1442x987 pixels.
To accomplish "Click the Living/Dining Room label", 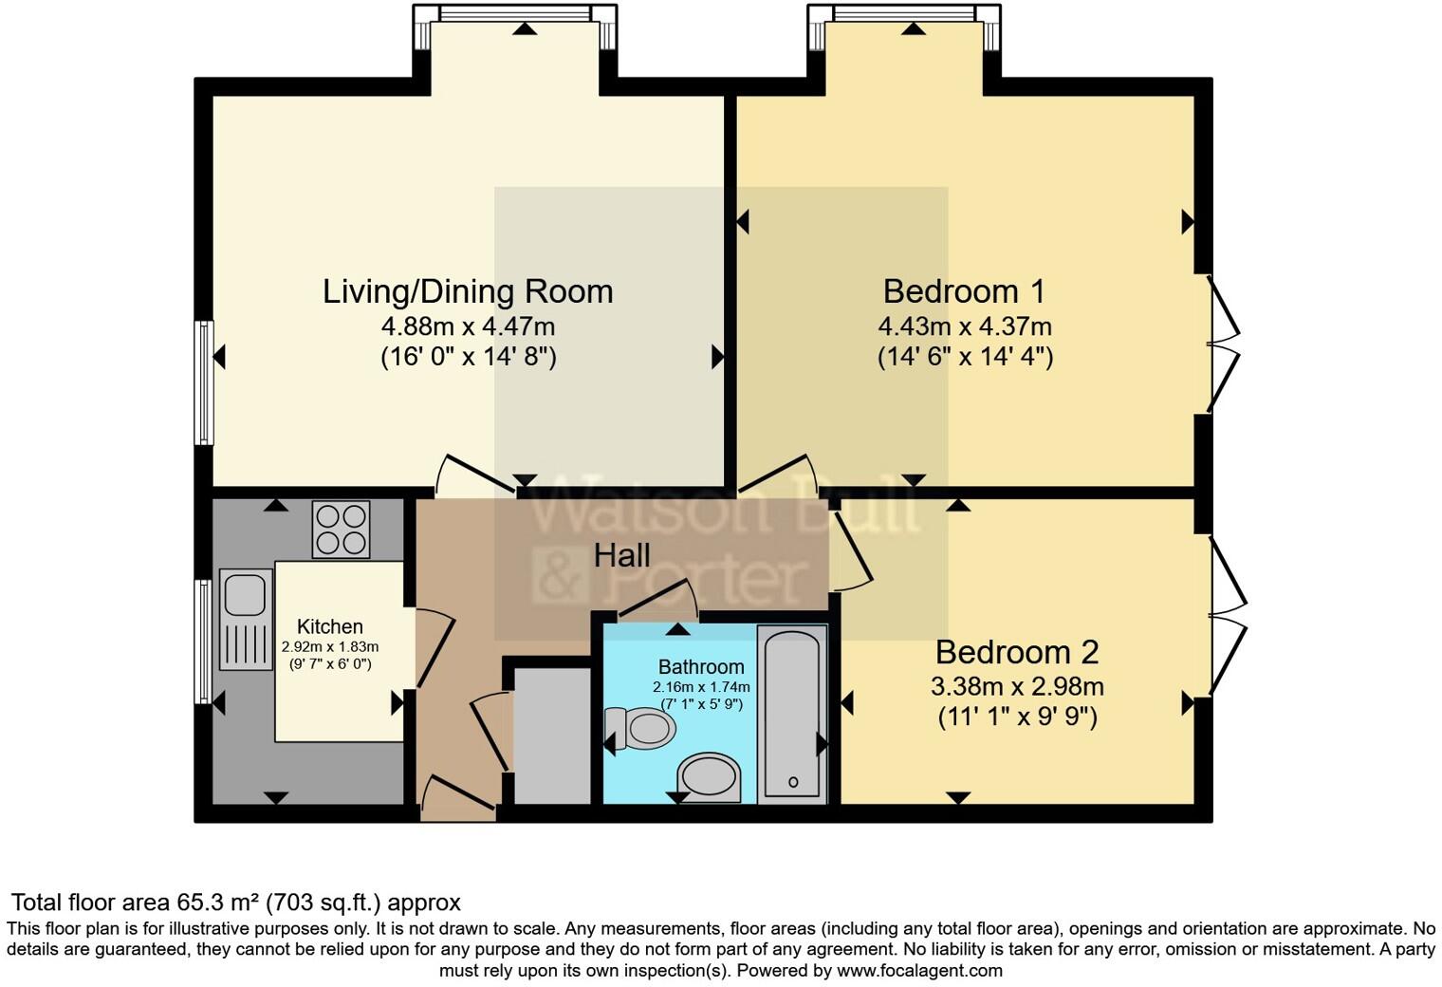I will [468, 291].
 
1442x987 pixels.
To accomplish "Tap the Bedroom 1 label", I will [964, 291].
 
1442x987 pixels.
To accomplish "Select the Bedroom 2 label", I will [1017, 652].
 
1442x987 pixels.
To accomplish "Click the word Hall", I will [621, 555].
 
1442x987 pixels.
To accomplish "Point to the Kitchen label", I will [329, 626].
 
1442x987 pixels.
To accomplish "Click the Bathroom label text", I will [701, 666].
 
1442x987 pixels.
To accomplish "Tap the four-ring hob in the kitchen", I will [341, 530].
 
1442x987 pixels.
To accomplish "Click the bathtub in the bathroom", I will [792, 714].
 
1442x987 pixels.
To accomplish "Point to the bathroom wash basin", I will [710, 778].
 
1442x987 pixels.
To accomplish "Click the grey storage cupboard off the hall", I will [552, 736].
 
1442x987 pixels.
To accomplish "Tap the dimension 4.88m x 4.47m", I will [468, 326].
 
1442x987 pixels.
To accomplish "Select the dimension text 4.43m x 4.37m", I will [964, 326].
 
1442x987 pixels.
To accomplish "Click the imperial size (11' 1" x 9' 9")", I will [1017, 717].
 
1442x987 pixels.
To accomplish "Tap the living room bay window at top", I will [515, 13].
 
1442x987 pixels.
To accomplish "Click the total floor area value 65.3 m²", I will [218, 902].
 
